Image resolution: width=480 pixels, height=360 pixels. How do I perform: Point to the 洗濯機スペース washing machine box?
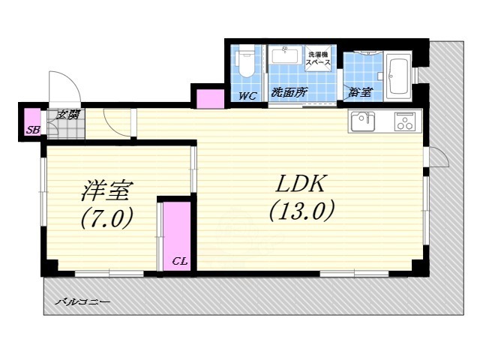(317, 58)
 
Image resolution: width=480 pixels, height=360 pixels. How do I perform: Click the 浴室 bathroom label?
(360, 93)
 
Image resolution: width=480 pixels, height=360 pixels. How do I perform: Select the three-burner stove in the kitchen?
(406, 121)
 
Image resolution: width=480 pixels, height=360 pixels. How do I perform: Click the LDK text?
(300, 183)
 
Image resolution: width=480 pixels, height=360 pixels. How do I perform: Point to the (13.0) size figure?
(300, 211)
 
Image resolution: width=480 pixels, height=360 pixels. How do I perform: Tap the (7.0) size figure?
(106, 219)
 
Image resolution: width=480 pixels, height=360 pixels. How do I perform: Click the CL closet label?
(179, 261)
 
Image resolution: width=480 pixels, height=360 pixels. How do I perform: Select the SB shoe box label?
(32, 130)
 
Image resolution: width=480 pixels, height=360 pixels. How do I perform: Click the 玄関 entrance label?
(69, 115)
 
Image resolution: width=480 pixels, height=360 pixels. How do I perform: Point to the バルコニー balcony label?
(82, 301)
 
